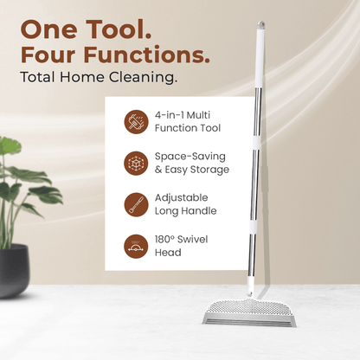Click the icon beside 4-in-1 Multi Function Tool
point(135,121)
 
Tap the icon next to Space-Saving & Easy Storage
point(135,163)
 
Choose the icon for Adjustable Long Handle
point(135,204)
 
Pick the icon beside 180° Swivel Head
point(135,246)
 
